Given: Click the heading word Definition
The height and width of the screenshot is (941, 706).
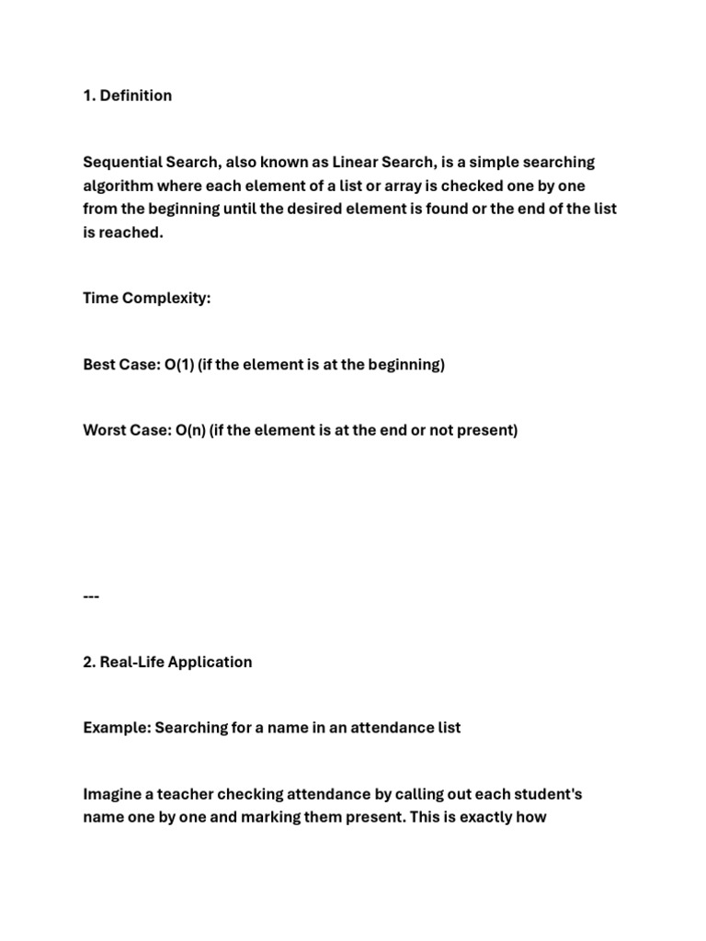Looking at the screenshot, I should click(135, 96).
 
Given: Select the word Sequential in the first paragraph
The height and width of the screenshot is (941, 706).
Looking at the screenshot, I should click(120, 163).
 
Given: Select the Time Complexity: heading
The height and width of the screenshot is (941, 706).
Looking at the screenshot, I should click(147, 299).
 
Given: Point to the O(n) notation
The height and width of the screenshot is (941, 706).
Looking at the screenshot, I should click(188, 430).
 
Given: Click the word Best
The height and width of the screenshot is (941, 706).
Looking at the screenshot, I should click(99, 365).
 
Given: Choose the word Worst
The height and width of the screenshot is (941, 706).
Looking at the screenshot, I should click(105, 430).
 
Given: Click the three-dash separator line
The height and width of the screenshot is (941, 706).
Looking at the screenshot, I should click(91, 595).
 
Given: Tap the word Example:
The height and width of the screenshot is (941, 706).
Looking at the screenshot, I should click(117, 728).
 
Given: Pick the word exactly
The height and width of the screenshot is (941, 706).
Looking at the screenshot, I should click(478, 816).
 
